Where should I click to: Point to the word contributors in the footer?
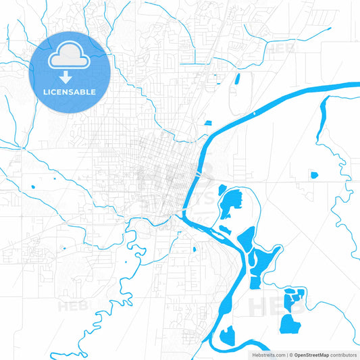coord(343,355)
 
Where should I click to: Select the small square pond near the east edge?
coord(313,176)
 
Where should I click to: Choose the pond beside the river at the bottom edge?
coord(228,334)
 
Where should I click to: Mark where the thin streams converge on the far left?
coord(23,147)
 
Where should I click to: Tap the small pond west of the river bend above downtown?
coord(207,124)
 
